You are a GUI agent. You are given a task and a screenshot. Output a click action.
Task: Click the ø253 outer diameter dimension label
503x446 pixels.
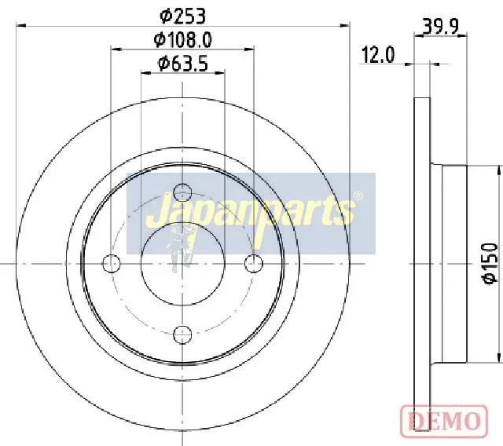point(182,16)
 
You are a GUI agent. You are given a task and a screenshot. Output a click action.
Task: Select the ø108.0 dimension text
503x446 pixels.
point(182,40)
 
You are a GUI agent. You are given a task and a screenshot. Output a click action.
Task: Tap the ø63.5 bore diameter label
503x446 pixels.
point(182,63)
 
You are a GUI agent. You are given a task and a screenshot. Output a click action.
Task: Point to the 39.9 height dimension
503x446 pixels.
point(441,27)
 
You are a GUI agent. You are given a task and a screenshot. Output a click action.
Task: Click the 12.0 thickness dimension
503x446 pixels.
point(378,55)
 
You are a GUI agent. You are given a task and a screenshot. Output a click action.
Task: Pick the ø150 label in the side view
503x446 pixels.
point(490,263)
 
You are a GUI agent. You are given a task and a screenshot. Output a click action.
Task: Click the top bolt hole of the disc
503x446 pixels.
point(182,192)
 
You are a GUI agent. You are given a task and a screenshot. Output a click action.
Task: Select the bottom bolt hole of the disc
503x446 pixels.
point(182,334)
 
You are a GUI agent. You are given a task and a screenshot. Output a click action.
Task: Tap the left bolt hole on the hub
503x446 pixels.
point(112,263)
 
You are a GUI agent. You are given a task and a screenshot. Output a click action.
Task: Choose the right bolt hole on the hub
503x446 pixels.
point(253,263)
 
